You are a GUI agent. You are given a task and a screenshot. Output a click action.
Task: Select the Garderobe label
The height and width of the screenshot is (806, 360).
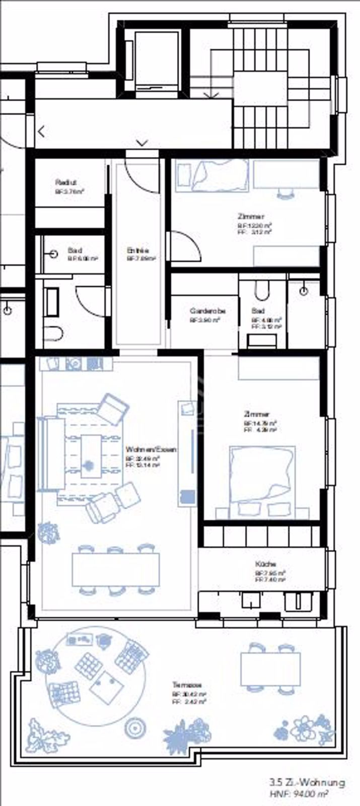[x=207, y=311]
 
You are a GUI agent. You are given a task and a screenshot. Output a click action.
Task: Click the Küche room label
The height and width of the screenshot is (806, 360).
[x=265, y=564]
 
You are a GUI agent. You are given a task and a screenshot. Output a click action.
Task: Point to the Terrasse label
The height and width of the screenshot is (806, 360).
[x=187, y=685]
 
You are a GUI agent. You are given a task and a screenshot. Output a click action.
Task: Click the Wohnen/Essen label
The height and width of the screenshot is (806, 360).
[x=151, y=449]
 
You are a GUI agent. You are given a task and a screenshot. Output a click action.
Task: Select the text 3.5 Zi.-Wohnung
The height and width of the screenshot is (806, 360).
[x=307, y=782]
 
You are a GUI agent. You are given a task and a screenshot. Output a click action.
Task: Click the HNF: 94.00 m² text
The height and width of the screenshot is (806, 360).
[x=299, y=793]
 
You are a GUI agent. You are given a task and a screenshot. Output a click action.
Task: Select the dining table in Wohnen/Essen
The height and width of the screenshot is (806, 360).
[x=116, y=569]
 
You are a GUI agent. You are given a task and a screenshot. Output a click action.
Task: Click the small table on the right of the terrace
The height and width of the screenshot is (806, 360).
[x=270, y=668]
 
